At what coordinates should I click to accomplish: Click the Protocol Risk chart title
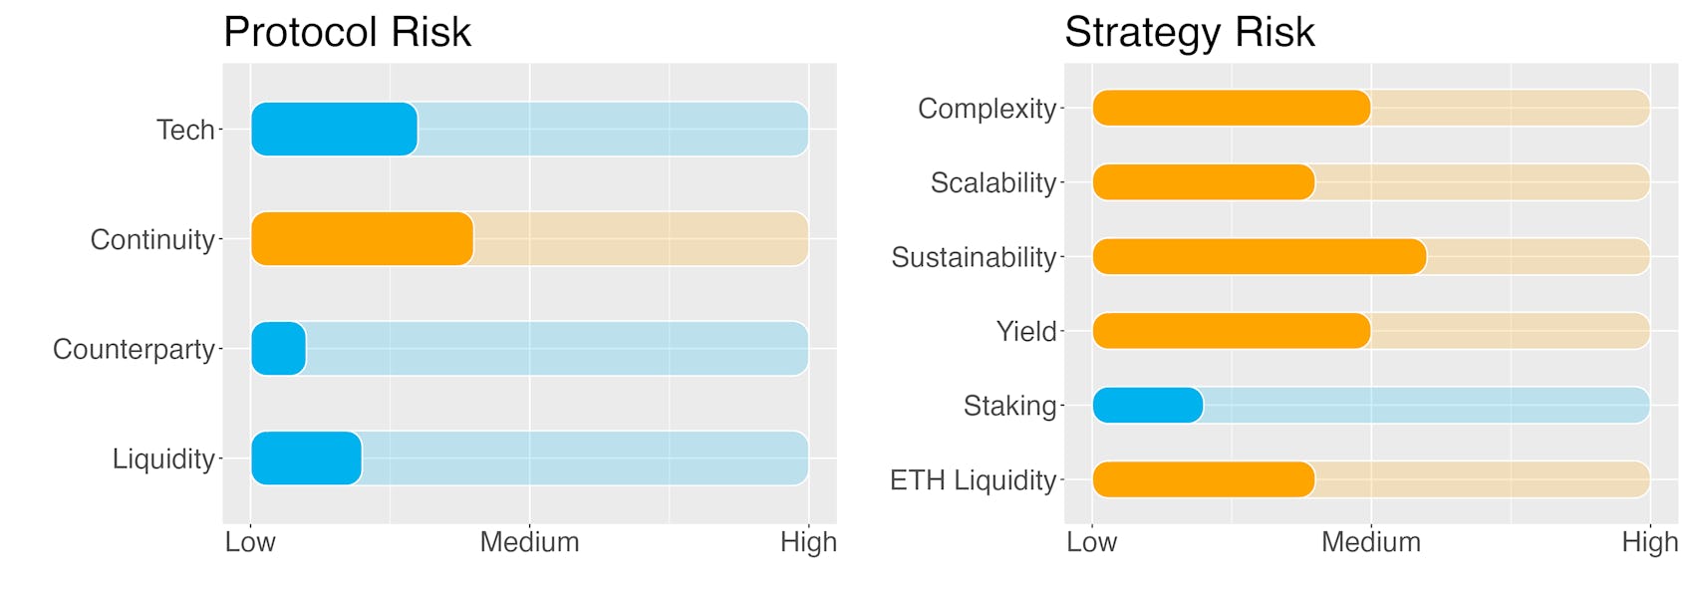347,33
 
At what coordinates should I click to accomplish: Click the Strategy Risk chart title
1190,33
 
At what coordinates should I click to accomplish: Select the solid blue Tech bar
334,130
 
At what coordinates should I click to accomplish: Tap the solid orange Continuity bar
363,239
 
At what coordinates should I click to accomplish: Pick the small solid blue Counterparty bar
278,349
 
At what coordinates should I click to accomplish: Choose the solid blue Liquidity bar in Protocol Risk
306,458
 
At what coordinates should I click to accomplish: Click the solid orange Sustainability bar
1260,256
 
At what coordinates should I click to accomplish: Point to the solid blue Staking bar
1148,406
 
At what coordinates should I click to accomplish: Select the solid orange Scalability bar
1204,182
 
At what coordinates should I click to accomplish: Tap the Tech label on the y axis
185,131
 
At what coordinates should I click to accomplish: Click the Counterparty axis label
134,350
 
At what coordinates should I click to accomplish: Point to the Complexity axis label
987,109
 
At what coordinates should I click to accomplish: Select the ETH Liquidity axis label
973,480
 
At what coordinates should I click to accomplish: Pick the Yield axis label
1026,332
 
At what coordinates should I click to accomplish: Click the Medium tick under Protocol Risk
529,542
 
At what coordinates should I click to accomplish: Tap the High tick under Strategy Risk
1649,542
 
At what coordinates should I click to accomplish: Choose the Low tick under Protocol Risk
250,542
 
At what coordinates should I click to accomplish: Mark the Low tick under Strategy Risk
1091,542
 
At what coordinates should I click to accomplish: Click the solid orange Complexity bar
1232,109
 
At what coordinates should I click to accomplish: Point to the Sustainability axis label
974,257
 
